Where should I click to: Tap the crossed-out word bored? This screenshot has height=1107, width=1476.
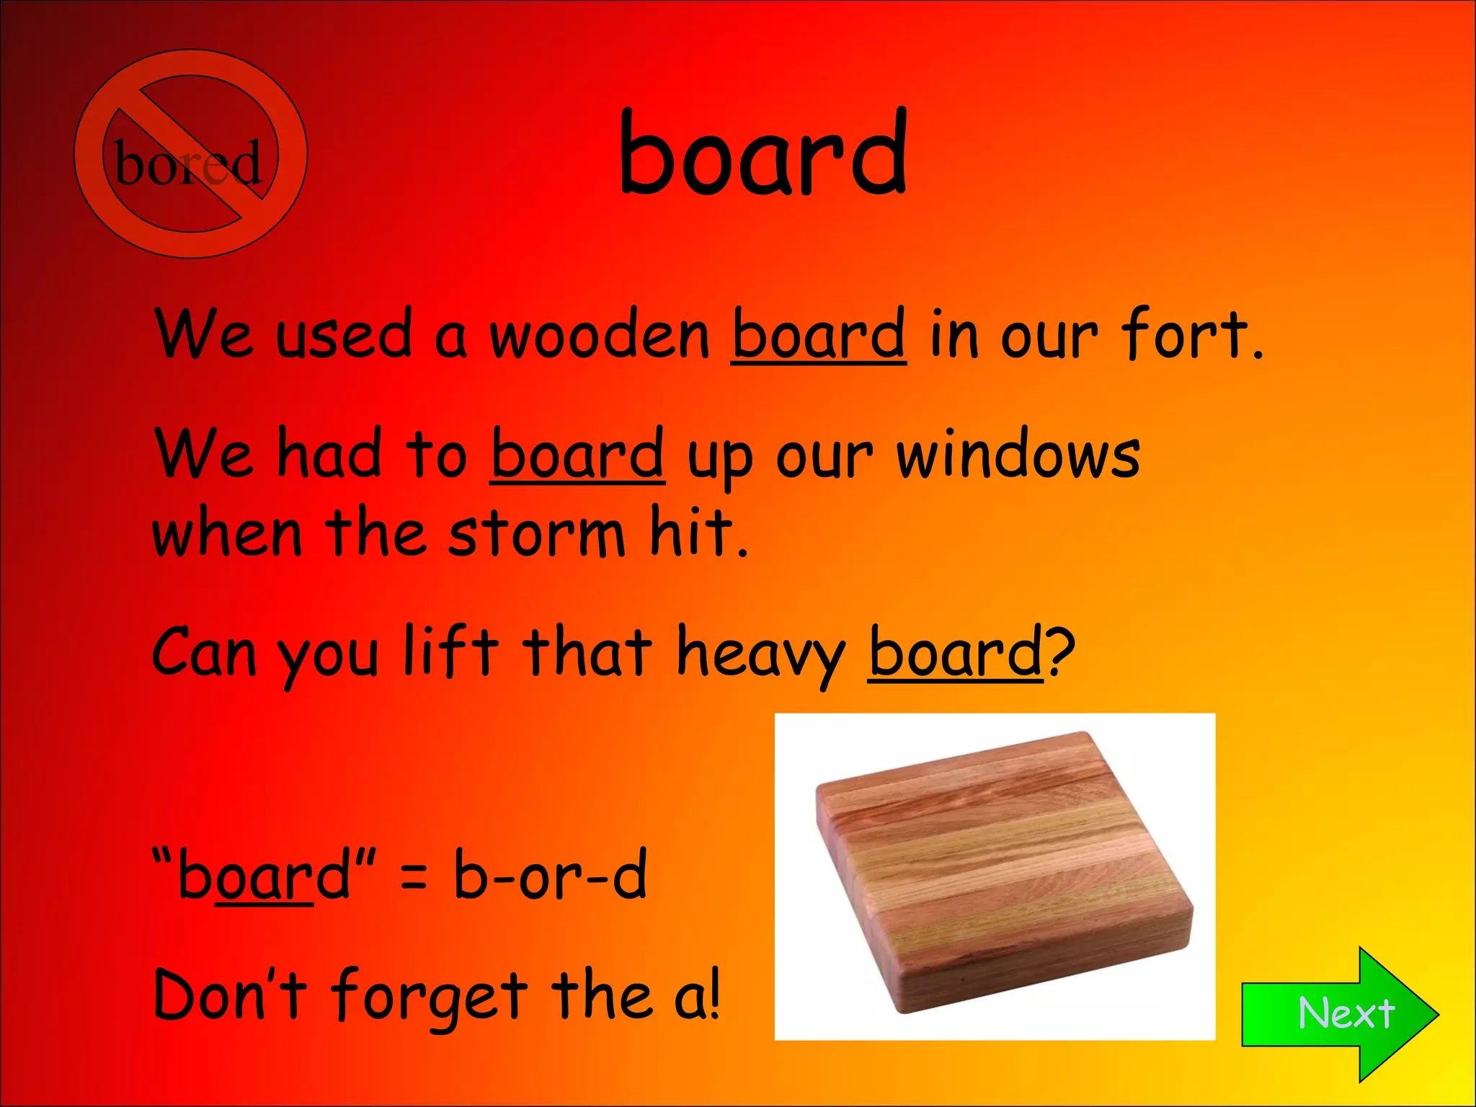point(189,163)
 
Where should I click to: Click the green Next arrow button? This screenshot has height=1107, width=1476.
point(1341,1013)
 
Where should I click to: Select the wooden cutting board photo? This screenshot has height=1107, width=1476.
point(995,876)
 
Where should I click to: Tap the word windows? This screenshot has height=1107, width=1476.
point(1018,455)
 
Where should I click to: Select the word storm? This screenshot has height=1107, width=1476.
point(536,535)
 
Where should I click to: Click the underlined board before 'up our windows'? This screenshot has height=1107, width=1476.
point(577,455)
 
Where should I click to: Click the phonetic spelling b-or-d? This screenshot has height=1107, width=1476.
point(550,875)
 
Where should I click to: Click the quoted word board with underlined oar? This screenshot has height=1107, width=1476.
point(263,875)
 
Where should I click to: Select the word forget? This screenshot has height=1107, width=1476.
point(430,998)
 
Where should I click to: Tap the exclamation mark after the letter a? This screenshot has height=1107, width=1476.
point(713,995)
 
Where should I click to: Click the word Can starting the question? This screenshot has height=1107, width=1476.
point(204,652)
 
